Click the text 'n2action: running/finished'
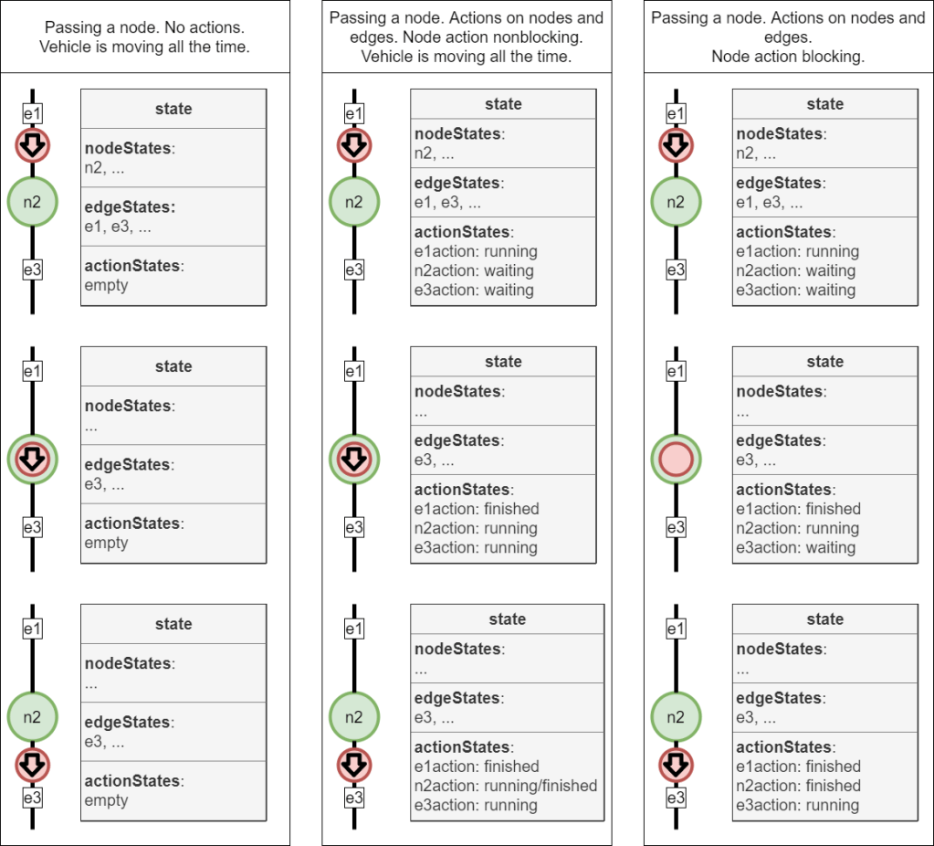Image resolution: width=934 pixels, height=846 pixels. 506,786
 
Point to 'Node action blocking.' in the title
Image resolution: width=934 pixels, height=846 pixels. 788,57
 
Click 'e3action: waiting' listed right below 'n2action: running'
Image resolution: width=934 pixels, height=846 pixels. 796,548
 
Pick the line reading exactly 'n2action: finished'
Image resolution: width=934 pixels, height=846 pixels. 798,786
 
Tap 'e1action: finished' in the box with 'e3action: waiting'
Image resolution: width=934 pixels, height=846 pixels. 798,509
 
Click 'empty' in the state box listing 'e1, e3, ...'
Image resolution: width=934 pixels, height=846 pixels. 107,285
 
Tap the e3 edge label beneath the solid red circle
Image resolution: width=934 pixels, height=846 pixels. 676,527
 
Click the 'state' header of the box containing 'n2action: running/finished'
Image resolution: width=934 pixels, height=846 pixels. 507,619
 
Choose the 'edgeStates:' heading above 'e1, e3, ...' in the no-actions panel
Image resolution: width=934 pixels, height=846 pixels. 130,207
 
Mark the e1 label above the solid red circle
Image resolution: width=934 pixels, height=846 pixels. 676,372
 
